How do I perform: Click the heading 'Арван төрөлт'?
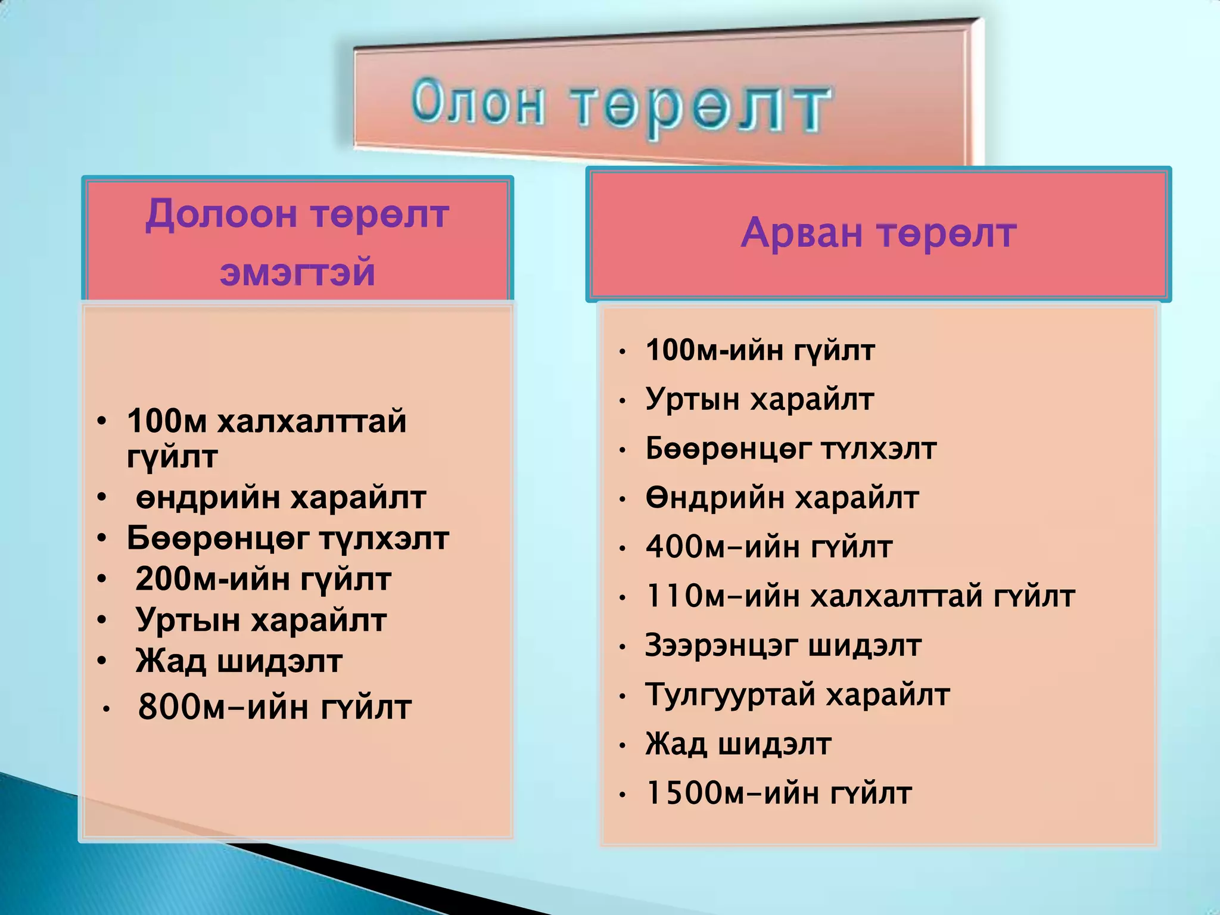[878, 233]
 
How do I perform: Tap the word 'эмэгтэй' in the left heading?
[297, 272]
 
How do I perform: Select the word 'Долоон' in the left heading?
[220, 214]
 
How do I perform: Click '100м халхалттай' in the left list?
[266, 421]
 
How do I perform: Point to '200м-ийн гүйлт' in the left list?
[263, 579]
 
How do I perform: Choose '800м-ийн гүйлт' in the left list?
[275, 708]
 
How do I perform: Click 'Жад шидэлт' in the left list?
[239, 661]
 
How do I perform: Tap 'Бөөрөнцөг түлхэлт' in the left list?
[288, 539]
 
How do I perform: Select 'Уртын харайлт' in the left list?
[261, 620]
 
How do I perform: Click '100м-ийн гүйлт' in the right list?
[760, 350]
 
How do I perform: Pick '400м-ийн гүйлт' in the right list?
[769, 547]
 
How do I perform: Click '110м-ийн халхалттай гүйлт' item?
[860, 596]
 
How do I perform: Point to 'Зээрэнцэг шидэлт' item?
[783, 646]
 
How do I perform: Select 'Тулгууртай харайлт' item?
[797, 695]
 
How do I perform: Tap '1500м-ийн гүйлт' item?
[779, 793]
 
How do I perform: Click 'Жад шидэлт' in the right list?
[738, 745]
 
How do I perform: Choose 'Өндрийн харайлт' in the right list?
[782, 498]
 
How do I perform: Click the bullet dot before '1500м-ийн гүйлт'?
[623, 795]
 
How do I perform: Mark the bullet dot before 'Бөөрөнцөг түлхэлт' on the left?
[102, 539]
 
